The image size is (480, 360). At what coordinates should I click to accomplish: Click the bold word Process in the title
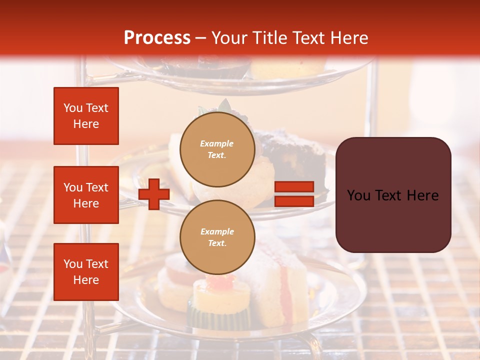pos(157,38)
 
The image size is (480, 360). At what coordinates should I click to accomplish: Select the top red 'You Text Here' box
pos(86,116)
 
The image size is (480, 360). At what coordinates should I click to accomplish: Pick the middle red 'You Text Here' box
pos(86,195)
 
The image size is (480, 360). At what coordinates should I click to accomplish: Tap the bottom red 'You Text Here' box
pos(86,272)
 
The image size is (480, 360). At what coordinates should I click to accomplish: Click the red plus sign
pos(154,194)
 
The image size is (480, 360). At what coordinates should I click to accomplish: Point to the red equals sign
pos(294,194)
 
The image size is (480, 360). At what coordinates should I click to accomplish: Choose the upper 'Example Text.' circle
pos(217,149)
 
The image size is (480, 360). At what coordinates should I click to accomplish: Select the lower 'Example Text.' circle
pos(217,237)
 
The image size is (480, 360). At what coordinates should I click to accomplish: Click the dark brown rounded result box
pos(393,195)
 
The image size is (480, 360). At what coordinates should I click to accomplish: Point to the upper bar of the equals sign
pos(294,187)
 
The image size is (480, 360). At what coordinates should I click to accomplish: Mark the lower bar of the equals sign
pos(294,201)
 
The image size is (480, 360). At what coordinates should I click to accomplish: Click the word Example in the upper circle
pos(217,144)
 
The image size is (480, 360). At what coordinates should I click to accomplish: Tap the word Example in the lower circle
pos(217,232)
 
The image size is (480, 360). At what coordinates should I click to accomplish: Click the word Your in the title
pos(229,38)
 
